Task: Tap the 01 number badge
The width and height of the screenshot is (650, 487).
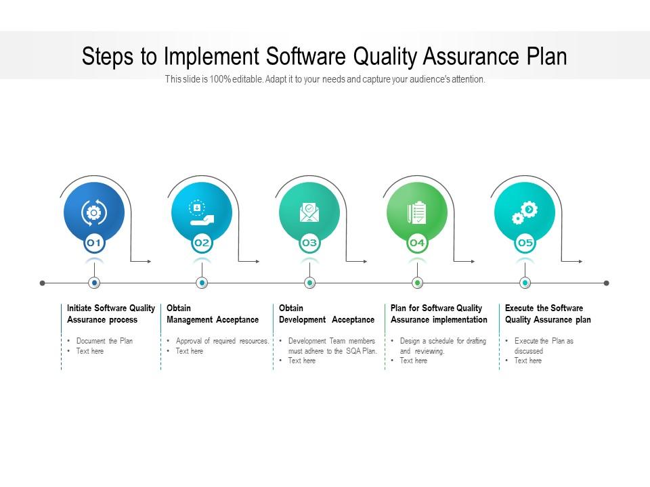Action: pyautogui.click(x=94, y=243)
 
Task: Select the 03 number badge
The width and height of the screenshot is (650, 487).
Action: pyautogui.click(x=309, y=243)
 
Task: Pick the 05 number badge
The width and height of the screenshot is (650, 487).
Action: pyautogui.click(x=525, y=243)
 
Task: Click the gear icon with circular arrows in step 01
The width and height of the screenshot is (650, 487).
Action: pyautogui.click(x=94, y=212)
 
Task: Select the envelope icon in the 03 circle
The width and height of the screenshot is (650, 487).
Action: pyautogui.click(x=309, y=212)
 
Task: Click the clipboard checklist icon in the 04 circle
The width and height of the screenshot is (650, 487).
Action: pyautogui.click(x=417, y=212)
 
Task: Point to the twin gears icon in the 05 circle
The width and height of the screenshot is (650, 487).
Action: pyautogui.click(x=525, y=212)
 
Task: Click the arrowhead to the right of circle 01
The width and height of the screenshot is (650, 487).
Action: pyautogui.click(x=149, y=261)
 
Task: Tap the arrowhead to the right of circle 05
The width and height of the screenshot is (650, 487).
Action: pyautogui.click(x=580, y=261)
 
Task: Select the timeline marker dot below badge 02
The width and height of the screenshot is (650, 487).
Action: pyautogui.click(x=201, y=283)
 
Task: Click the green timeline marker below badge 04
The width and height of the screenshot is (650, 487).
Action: pyautogui.click(x=417, y=283)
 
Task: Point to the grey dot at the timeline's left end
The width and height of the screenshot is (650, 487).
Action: pyautogui.click(x=43, y=283)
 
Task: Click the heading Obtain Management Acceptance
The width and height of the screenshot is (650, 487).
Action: pyautogui.click(x=213, y=314)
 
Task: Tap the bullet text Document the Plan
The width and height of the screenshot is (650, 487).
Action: pyautogui.click(x=104, y=341)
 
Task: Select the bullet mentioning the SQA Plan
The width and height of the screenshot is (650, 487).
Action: pyautogui.click(x=332, y=346)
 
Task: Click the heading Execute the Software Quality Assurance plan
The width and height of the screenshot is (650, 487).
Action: pyautogui.click(x=548, y=314)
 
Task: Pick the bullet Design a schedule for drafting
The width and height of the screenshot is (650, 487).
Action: pyautogui.click(x=443, y=341)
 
